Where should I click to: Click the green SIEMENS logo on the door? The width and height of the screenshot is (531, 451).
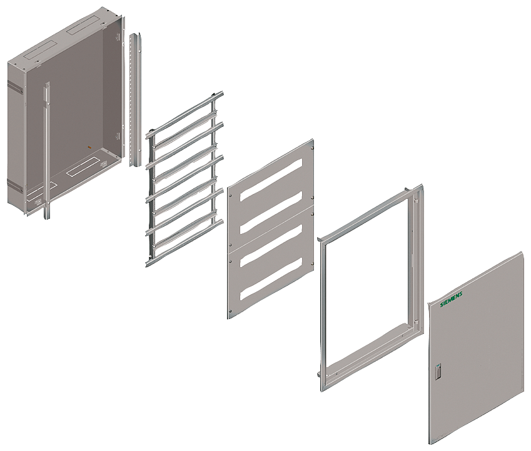pyautogui.click(x=452, y=300)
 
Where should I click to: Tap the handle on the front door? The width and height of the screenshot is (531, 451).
pyautogui.click(x=438, y=372)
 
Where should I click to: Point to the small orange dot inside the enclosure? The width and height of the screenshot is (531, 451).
pyautogui.click(x=89, y=147)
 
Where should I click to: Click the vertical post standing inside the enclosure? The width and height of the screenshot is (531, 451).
pyautogui.click(x=47, y=150)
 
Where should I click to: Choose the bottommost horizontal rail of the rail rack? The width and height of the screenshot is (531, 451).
pyautogui.click(x=185, y=243)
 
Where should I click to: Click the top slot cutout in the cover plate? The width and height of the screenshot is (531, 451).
pyautogui.click(x=271, y=180)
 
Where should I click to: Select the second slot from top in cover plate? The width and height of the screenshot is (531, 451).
pyautogui.click(x=271, y=213)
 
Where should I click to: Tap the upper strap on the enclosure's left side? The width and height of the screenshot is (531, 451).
pyautogui.click(x=16, y=87)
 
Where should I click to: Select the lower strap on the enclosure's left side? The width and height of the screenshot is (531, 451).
pyautogui.click(x=16, y=186)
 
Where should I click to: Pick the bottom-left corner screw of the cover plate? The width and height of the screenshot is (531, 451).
pyautogui.click(x=230, y=311)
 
